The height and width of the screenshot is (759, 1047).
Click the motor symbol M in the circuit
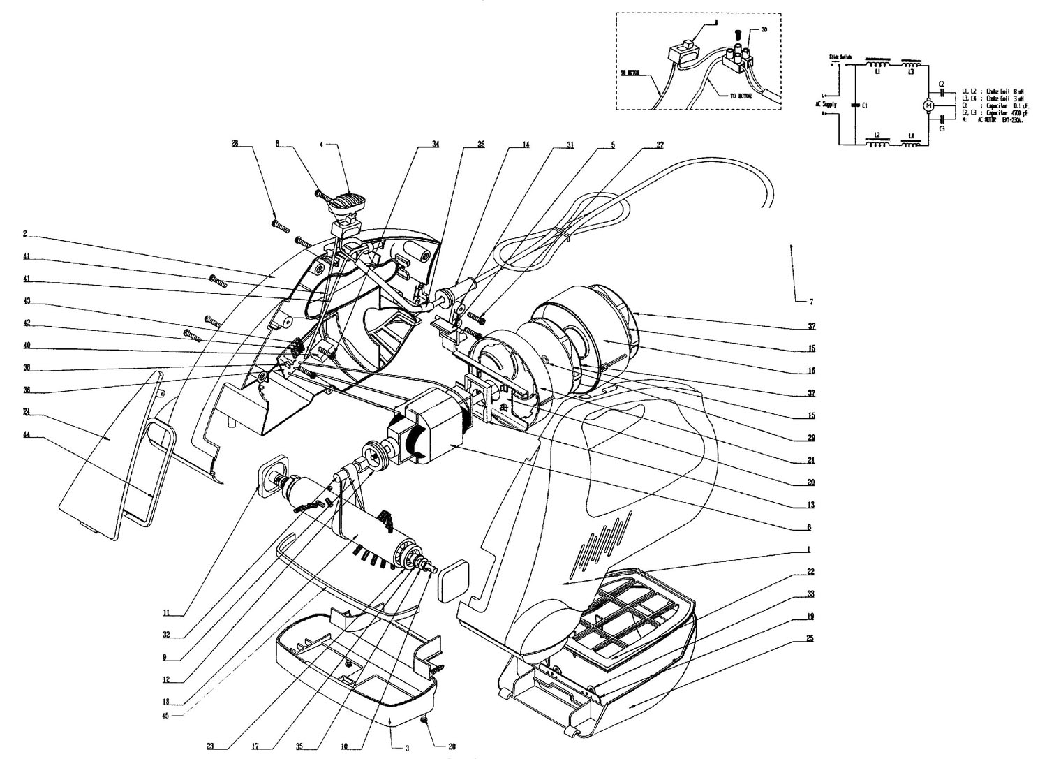(928, 105)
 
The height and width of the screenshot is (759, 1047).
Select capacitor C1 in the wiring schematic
(857, 105)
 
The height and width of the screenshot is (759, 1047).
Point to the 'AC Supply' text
(829, 104)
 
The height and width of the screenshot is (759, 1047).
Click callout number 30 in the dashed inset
(764, 30)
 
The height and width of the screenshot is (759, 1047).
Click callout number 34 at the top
(435, 145)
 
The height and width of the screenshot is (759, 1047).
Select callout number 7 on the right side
(811, 302)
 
